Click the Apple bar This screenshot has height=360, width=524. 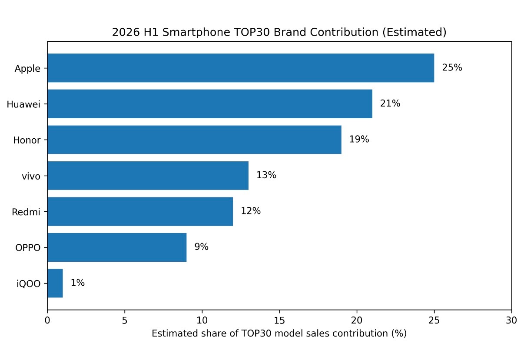click(241, 68)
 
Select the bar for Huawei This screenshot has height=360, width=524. click(210, 103)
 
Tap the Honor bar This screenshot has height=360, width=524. click(194, 140)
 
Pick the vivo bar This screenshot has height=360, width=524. click(148, 176)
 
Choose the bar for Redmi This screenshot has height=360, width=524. click(140, 211)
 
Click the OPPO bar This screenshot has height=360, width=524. click(117, 247)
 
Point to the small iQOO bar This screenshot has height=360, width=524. click(55, 283)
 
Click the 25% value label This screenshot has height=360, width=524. click(452, 68)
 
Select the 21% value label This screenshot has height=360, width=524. click(390, 103)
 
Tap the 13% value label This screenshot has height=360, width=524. click(266, 175)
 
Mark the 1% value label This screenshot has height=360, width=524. click(78, 283)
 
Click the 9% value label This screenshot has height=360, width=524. click(202, 247)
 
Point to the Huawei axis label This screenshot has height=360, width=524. click(23, 104)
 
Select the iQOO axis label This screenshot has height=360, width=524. click(28, 283)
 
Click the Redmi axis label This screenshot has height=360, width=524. click(26, 212)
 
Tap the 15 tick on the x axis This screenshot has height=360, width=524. click(279, 320)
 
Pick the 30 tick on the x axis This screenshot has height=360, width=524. click(511, 320)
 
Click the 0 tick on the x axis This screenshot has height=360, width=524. click(47, 320)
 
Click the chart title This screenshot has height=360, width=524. click(279, 32)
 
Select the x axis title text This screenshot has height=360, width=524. click(279, 333)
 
